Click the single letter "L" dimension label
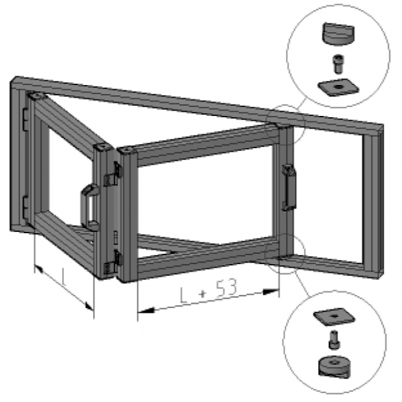point(64,277)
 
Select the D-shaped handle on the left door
point(90,207)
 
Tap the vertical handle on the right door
point(289,188)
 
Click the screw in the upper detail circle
point(338,64)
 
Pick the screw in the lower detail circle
point(334,340)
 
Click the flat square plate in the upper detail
point(338,87)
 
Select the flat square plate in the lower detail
point(334,317)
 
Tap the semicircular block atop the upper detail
point(338,34)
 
